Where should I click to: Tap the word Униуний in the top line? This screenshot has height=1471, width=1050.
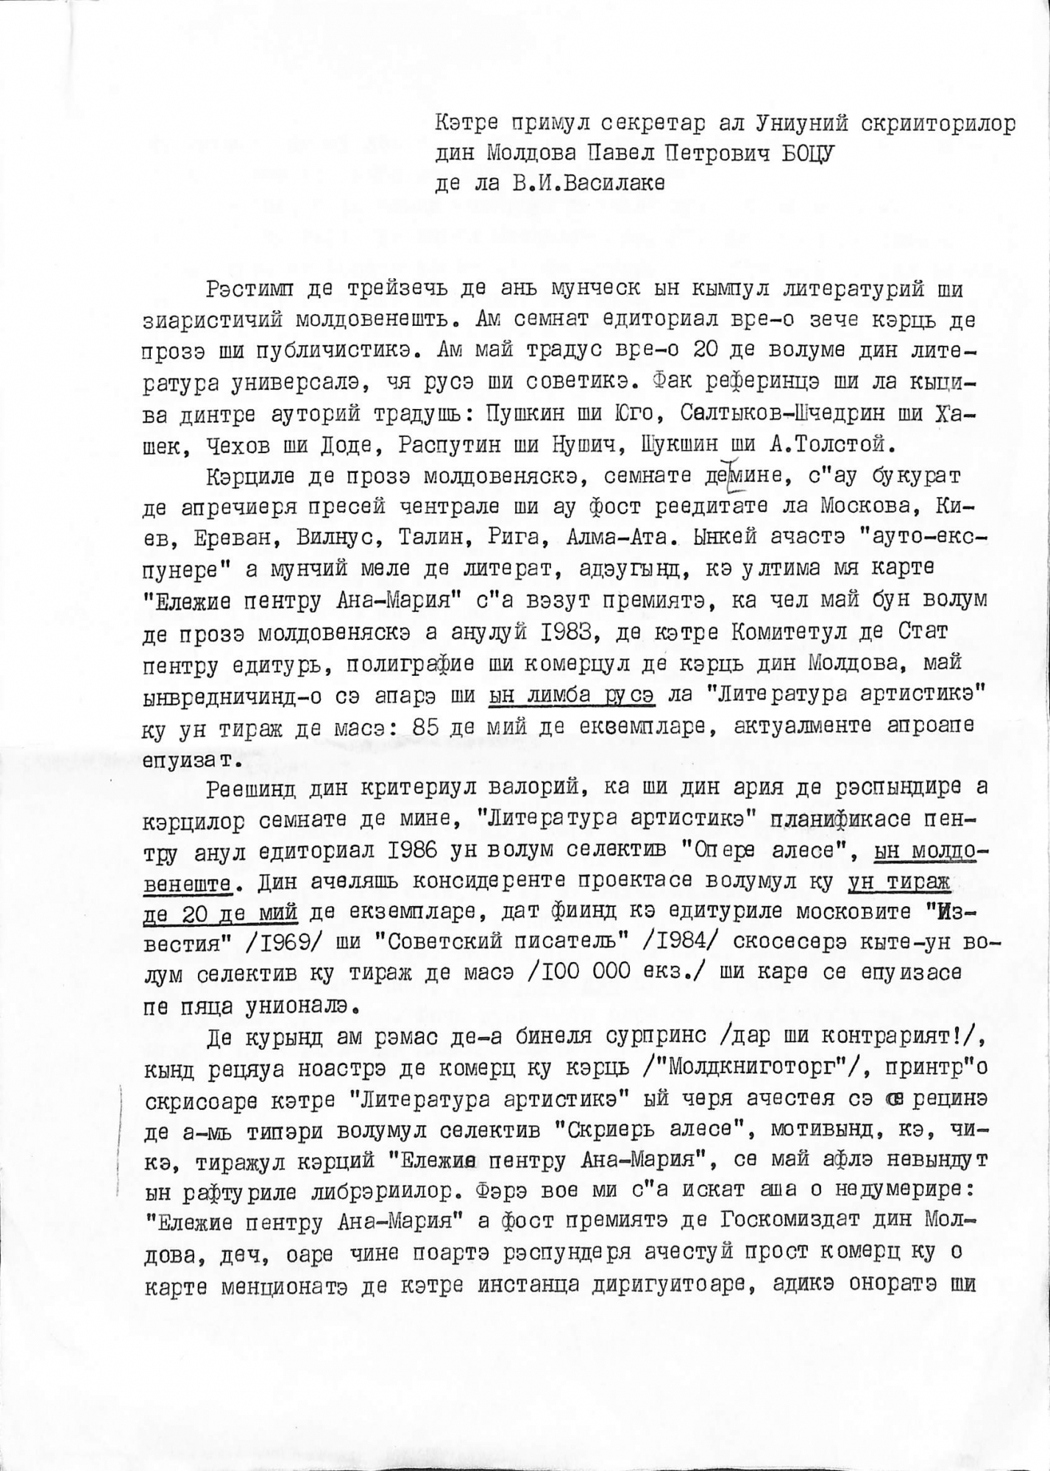pyautogui.click(x=803, y=124)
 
